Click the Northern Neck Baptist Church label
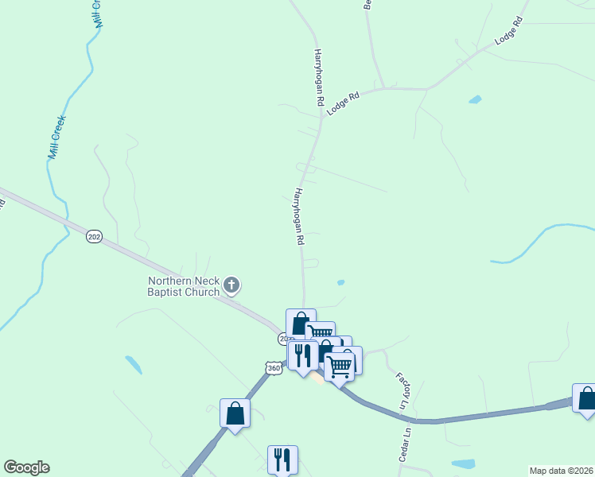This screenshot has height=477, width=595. [184, 286]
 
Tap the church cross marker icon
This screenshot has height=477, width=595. [231, 284]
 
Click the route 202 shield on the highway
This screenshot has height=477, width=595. [95, 237]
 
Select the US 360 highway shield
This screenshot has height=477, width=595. [273, 369]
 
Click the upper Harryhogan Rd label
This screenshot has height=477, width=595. [318, 77]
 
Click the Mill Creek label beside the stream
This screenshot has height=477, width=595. [56, 138]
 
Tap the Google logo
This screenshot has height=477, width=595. [26, 467]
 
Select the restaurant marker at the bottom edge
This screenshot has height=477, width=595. [282, 459]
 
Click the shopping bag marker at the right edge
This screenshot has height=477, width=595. [586, 398]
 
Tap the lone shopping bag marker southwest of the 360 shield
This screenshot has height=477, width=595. [235, 413]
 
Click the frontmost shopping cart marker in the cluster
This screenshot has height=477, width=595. [340, 366]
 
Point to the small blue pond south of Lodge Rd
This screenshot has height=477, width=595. [475, 100]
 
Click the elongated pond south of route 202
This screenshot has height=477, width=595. [134, 365]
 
